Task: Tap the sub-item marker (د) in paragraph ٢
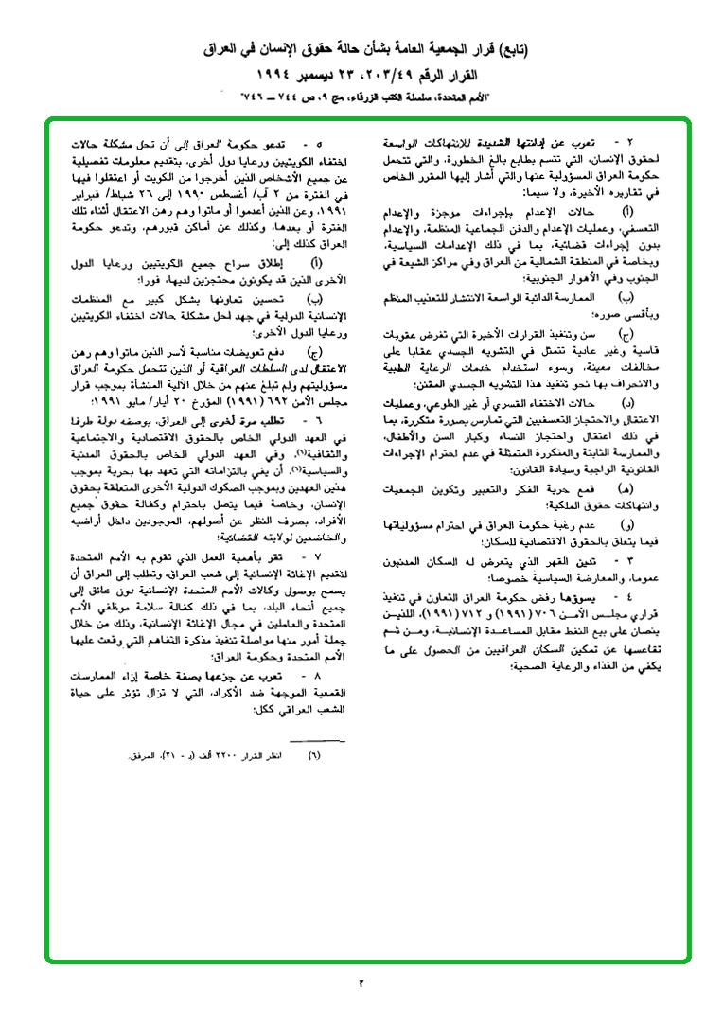click(x=628, y=402)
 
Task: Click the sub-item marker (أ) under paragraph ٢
click(x=627, y=213)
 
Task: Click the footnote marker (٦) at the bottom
click(x=315, y=756)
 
